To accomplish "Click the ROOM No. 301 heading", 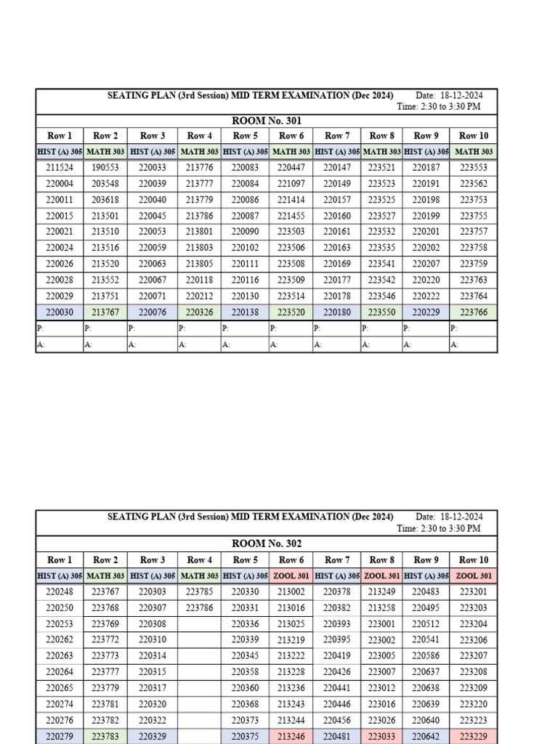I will click(267, 121).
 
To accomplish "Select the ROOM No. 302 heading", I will click(267, 543).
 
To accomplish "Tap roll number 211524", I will click(60, 167).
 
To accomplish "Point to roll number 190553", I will click(105, 167).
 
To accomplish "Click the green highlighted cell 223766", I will click(474, 312).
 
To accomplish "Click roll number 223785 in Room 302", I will click(199, 591).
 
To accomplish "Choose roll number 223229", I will click(474, 736).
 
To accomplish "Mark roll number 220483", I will click(426, 591).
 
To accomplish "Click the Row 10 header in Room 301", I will click(474, 136).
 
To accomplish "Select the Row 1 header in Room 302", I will click(60, 560).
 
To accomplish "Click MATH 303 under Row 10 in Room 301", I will click(474, 152).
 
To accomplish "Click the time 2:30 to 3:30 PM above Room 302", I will click(439, 529).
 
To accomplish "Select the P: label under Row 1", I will click(40, 328).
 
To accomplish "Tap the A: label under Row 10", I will click(454, 345).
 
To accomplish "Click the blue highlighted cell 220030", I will click(60, 312).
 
